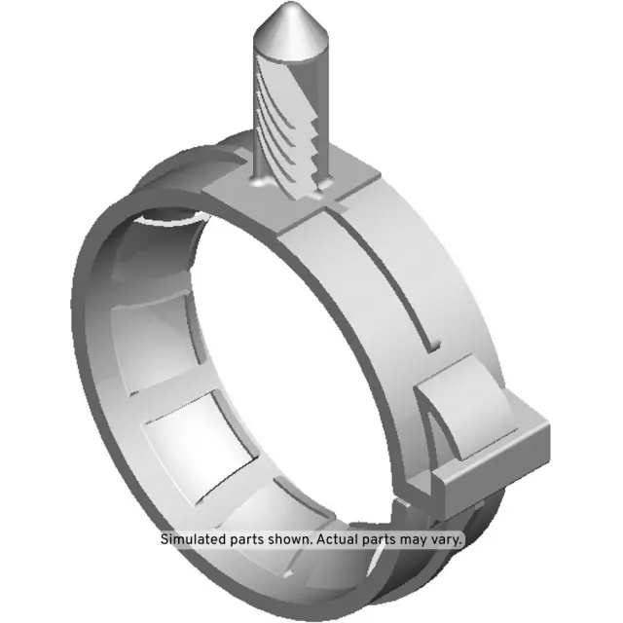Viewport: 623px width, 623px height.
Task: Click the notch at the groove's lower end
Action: pos(434,343)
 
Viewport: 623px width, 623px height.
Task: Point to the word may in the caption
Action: pos(412,538)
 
